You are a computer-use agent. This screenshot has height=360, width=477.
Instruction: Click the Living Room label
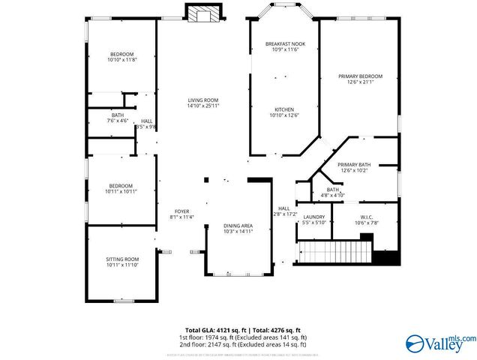click(202, 100)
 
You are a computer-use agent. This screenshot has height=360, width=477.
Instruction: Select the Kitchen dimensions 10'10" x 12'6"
click(284, 115)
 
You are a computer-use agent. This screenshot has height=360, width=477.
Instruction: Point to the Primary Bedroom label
click(360, 76)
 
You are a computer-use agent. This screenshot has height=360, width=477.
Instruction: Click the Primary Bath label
click(354, 164)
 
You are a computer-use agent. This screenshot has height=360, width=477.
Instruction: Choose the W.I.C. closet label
click(366, 217)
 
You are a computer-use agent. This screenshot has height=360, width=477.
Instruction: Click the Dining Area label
click(238, 225)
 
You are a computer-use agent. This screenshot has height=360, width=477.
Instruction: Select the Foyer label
click(182, 211)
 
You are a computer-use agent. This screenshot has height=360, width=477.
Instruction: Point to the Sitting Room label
click(122, 259)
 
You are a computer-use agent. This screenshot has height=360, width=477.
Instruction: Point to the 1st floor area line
click(242, 337)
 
